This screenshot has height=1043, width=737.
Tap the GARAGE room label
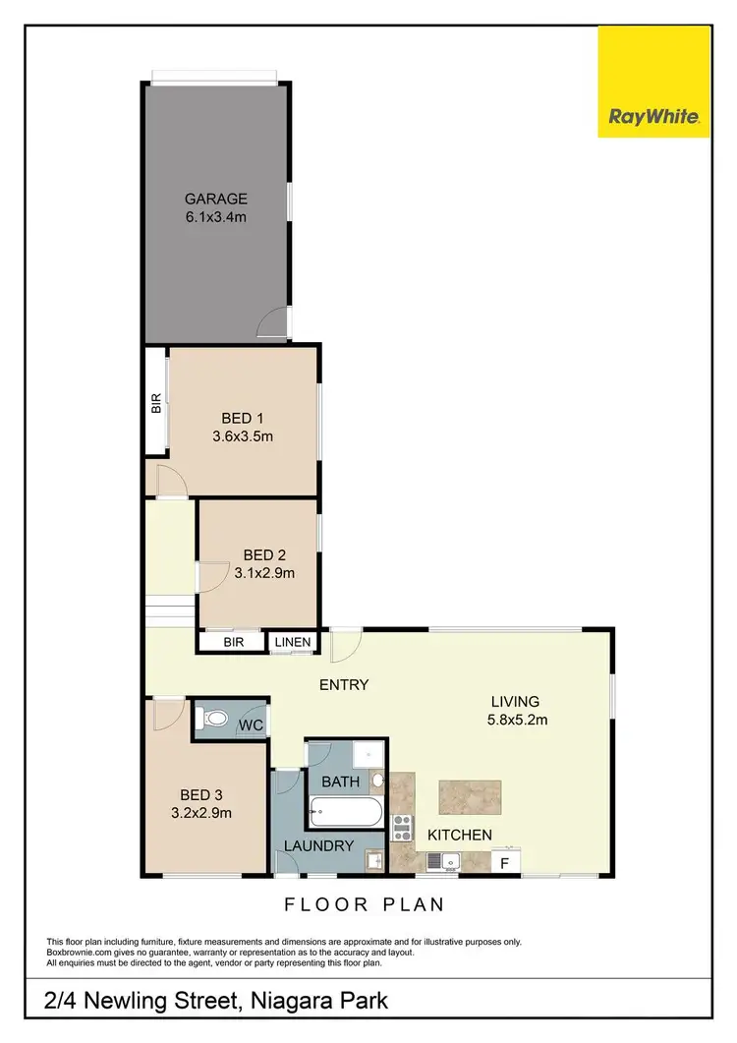pyautogui.click(x=215, y=199)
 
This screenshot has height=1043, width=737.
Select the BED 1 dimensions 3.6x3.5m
pyautogui.click(x=242, y=436)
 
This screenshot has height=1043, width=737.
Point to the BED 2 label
pyautogui.click(x=264, y=554)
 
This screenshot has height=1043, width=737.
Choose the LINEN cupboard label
pyautogui.click(x=293, y=643)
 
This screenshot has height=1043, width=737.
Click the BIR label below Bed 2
pyautogui.click(x=233, y=643)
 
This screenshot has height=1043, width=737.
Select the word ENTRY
pyautogui.click(x=344, y=684)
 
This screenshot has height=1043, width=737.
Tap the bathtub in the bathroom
pyautogui.click(x=344, y=813)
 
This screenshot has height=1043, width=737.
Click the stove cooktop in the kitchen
pyautogui.click(x=402, y=828)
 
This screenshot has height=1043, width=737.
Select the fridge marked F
pyautogui.click(x=505, y=862)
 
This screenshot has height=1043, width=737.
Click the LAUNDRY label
pyautogui.click(x=318, y=845)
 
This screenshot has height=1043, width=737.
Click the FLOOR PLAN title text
pyautogui.click(x=365, y=903)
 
